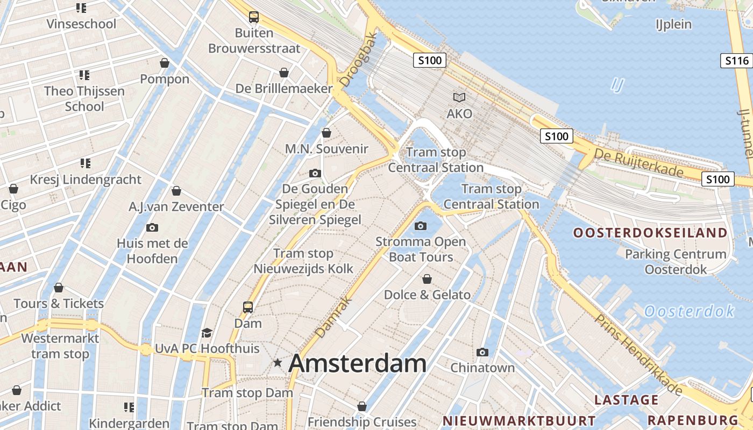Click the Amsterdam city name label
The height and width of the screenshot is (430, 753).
[358, 364]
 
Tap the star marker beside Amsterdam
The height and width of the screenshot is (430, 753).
[278, 363]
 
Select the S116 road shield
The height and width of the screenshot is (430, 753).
[736, 61]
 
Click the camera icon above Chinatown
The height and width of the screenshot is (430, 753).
[482, 352]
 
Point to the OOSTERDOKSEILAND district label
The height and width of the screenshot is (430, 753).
[650, 233]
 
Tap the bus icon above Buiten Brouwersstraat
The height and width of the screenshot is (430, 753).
[254, 17]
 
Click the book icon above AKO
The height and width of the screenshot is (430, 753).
[459, 97]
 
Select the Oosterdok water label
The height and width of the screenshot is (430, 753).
[689, 311]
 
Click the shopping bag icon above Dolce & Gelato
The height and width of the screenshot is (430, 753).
[427, 279]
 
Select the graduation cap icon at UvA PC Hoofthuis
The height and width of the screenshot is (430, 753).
[207, 333]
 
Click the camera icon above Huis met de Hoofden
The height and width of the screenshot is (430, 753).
[152, 227]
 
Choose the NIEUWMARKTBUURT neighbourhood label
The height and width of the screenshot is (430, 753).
[519, 421]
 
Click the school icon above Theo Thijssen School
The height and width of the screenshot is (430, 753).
[84, 75]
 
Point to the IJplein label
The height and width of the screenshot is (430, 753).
[673, 24]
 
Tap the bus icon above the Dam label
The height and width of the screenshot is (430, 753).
[247, 307]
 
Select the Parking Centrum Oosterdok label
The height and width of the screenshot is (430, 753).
[676, 261]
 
